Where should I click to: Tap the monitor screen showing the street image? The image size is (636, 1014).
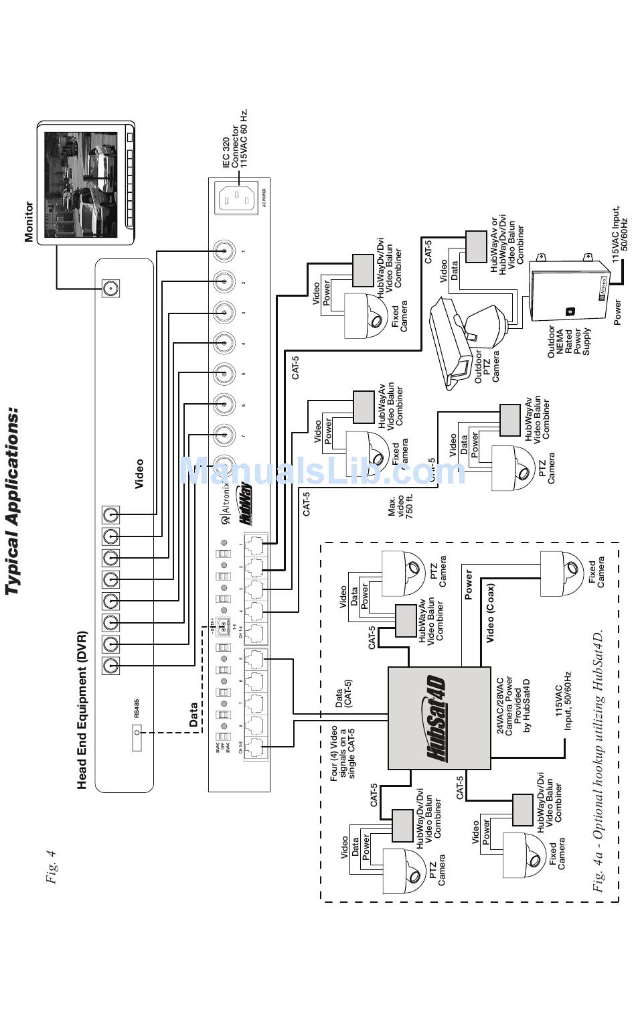click(x=81, y=184)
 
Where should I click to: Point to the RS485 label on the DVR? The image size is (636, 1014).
click(x=137, y=709)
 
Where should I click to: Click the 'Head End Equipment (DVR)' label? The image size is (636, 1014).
click(x=82, y=709)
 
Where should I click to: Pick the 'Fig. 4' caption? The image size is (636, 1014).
click(x=51, y=867)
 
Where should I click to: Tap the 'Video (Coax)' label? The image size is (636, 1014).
click(x=490, y=613)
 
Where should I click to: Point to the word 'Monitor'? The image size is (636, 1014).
click(x=29, y=221)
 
